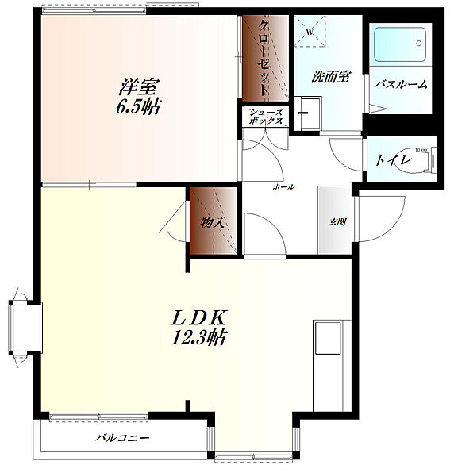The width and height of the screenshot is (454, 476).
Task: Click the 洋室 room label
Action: (x=138, y=87)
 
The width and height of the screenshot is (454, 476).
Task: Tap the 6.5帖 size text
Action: (x=138, y=106)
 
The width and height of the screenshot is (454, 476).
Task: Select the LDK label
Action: (x=199, y=318)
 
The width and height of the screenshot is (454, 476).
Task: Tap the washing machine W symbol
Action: (x=310, y=31)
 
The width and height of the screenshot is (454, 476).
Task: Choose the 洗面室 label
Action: (x=331, y=76)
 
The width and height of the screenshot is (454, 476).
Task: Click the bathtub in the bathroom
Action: (x=400, y=44)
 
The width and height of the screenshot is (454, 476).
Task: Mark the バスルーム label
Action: (x=401, y=84)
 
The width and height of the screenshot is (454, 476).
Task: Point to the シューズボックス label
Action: (x=266, y=117)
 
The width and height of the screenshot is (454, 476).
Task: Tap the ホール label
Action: (x=283, y=186)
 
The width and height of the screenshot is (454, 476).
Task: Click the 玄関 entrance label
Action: (x=337, y=222)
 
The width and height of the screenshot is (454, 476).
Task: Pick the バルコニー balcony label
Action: (x=122, y=437)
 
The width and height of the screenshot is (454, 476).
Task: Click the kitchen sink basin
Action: (x=328, y=338)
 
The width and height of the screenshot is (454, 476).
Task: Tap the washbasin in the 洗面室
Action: (x=306, y=113)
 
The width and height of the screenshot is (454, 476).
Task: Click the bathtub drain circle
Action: (x=419, y=44)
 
